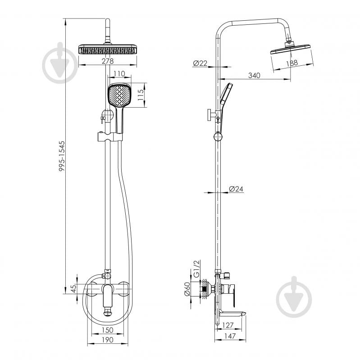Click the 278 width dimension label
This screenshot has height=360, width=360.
108,61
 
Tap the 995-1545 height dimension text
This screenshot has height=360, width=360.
62,156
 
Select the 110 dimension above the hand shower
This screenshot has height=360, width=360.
119,74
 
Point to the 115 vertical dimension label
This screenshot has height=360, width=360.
141,95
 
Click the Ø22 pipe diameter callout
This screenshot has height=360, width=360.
200,63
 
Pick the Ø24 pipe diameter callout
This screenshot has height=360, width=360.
236,189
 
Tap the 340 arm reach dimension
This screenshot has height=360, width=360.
255,75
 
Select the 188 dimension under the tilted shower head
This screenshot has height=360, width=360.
292,63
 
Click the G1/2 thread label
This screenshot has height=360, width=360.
197,269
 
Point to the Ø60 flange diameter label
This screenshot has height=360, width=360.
187,289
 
